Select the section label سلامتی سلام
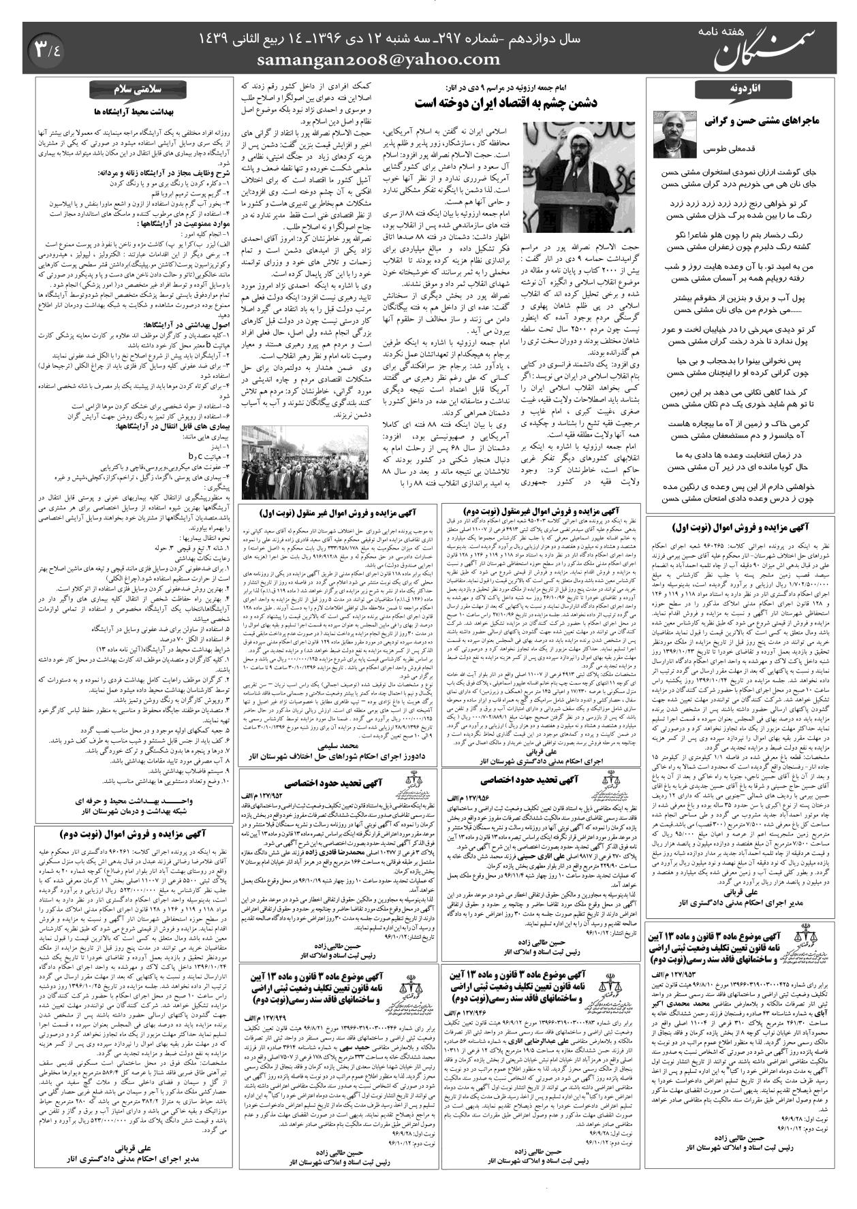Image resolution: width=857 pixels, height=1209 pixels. [131, 91]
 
